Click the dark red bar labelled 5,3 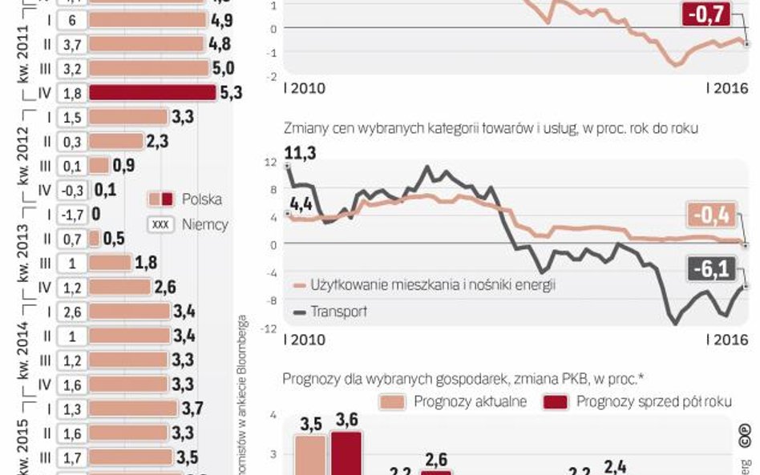click(x=152, y=93)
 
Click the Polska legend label click(x=202, y=199)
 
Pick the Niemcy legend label click(x=205, y=224)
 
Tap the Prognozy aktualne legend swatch click(x=394, y=401)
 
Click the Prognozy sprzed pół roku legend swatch click(x=556, y=401)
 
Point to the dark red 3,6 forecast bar click(x=347, y=453)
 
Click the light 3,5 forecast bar click(x=310, y=454)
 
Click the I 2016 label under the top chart click(x=726, y=88)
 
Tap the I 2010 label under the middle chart click(x=305, y=340)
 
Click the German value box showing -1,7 click(x=72, y=214)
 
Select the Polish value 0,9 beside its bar click(x=123, y=166)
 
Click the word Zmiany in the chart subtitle click(x=302, y=129)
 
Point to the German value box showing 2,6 click(x=72, y=311)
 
